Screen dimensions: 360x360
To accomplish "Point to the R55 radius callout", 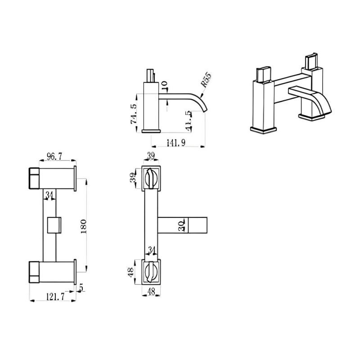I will (x=206, y=81).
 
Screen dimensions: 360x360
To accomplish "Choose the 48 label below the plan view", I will (x=152, y=292).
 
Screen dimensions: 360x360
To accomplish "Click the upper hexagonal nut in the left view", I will (x=35, y=178).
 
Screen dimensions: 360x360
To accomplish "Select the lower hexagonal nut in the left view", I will (x=35, y=271).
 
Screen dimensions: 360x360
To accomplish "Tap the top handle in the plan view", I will (x=152, y=180).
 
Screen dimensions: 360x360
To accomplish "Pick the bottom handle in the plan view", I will (x=152, y=271).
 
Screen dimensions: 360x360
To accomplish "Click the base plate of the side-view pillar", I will (x=151, y=131).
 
